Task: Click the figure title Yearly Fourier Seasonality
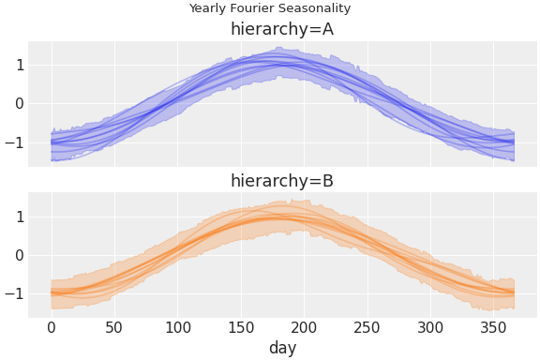click(x=270, y=8)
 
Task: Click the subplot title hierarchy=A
click(x=281, y=29)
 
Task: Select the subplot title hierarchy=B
click(x=281, y=181)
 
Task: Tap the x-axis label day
click(x=282, y=348)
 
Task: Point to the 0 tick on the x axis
click(x=52, y=327)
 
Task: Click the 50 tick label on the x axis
click(x=114, y=327)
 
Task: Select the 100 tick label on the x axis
click(x=178, y=327)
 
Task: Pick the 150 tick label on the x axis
click(x=241, y=327)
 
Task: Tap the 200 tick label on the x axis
click(x=305, y=327)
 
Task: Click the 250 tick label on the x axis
click(x=367, y=327)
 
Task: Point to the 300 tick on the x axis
click(x=431, y=327)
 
